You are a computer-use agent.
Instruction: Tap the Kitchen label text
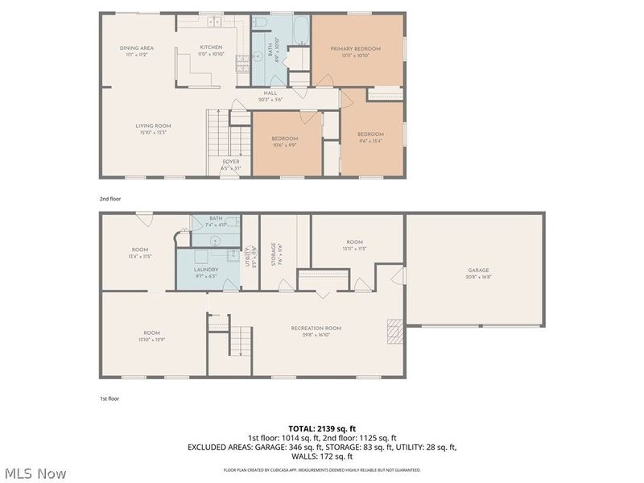pyautogui.click(x=211, y=47)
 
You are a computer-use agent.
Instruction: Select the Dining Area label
pyautogui.click(x=137, y=48)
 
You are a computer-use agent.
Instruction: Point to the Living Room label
pyautogui.click(x=152, y=126)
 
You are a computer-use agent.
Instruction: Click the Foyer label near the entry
pyautogui.click(x=231, y=161)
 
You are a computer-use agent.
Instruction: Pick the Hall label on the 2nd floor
pyautogui.click(x=270, y=93)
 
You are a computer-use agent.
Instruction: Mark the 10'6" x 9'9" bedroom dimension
pyautogui.click(x=288, y=146)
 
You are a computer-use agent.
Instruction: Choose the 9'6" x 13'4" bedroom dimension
pyautogui.click(x=370, y=141)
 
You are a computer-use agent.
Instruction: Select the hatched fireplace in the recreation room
pyautogui.click(x=394, y=331)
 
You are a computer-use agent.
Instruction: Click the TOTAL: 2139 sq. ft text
pyautogui.click(x=322, y=427)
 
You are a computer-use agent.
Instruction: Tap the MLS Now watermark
pyautogui.click(x=35, y=473)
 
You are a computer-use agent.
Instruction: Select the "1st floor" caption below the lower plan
pyautogui.click(x=109, y=398)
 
